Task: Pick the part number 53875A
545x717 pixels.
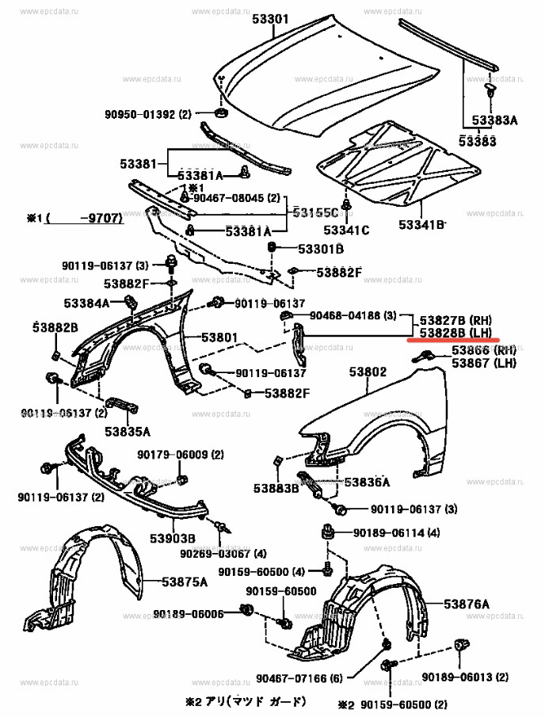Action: (x=185, y=581)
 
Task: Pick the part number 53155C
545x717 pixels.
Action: (x=314, y=212)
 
